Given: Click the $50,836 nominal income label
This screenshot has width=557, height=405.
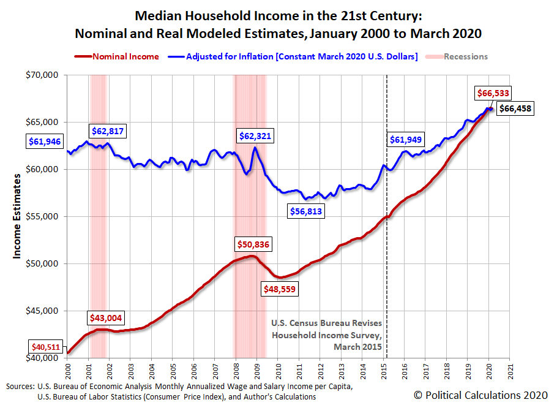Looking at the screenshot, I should pyautogui.click(x=253, y=244).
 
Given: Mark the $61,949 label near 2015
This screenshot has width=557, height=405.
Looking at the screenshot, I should pyautogui.click(x=406, y=140).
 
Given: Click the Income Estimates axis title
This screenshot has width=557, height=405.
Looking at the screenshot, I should pyautogui.click(x=18, y=216).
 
